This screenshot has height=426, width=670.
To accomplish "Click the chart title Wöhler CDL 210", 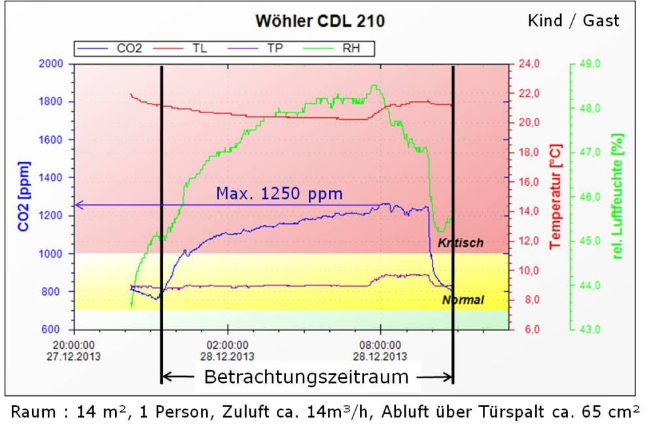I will pos(320,21).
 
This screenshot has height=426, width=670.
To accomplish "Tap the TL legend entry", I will pos(200,48).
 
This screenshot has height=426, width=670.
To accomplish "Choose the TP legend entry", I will pos(275,48).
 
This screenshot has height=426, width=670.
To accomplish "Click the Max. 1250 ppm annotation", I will pos(279,194).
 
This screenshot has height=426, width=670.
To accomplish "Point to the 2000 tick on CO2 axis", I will pos(50,63).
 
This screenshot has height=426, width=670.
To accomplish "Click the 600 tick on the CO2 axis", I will pos(53,329).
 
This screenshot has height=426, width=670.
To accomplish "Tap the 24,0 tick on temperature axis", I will pos(529,63).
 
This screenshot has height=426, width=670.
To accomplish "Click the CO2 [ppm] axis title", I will pos(24,196).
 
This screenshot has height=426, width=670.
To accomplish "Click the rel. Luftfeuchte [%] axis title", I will pos(617,196).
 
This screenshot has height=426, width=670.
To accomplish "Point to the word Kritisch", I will pos(461,243).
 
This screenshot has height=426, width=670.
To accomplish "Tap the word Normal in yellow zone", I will pos(463,300).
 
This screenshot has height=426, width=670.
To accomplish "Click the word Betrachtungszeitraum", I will pos(306,377).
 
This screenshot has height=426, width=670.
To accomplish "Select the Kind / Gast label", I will pos(573,21).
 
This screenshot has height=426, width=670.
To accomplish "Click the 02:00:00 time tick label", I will pos(227,345).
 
